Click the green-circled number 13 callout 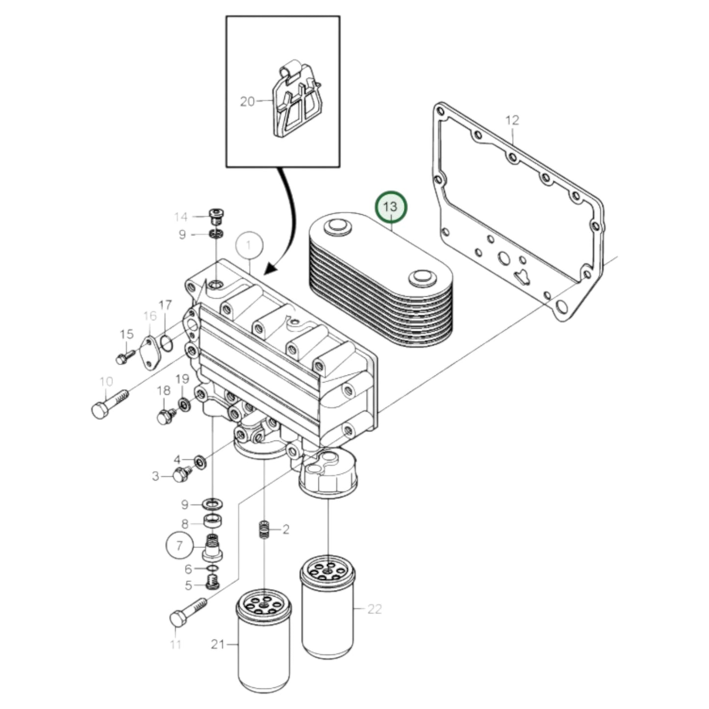(391, 208)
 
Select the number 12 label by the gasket (512, 120)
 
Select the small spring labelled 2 (264, 529)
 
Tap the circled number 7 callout (179, 545)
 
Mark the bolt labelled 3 (182, 474)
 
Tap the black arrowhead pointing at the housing (271, 268)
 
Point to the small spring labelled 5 (212, 583)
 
